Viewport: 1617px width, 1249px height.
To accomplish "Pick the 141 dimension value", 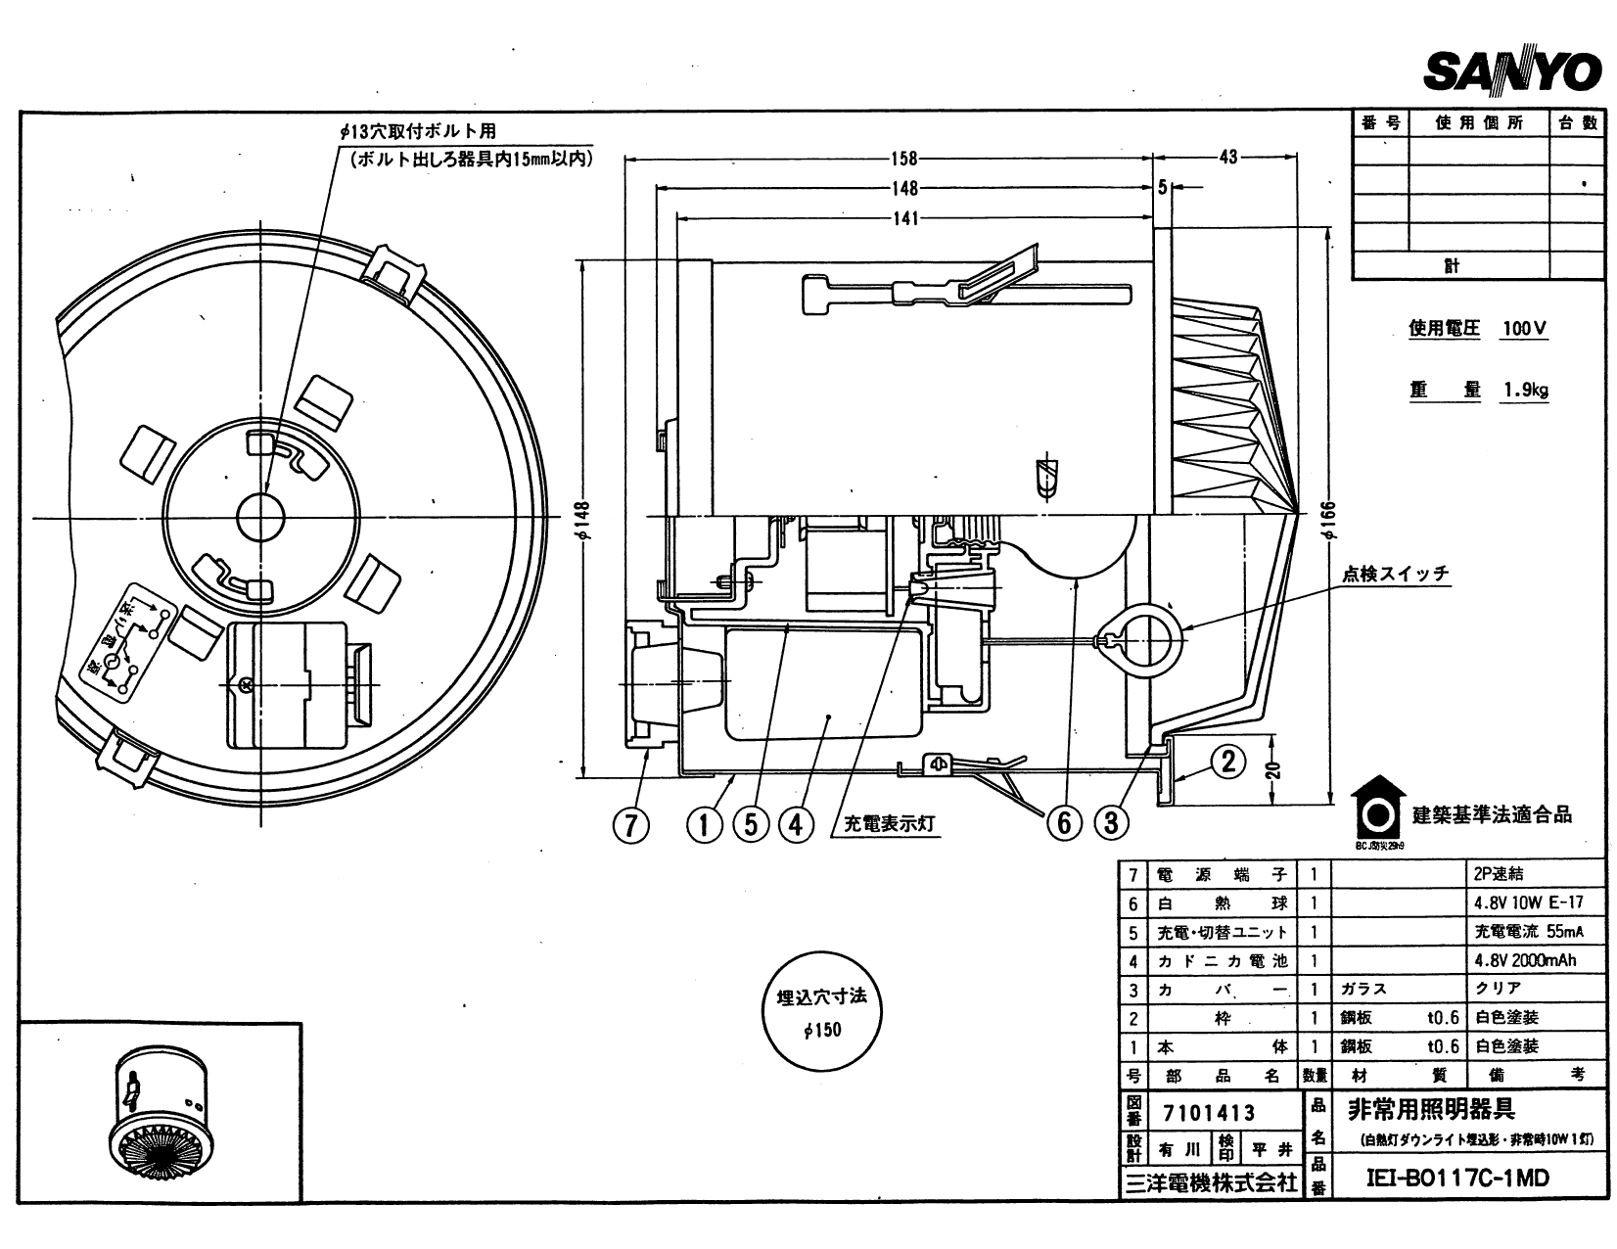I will (x=905, y=218).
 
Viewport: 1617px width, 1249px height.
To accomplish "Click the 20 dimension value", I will (x=1272, y=771).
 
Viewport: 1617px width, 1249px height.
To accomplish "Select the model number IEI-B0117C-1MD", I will (x=1457, y=1178).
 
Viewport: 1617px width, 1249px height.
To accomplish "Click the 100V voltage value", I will (x=1524, y=329).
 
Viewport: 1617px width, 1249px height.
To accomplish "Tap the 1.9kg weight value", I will (x=1525, y=390).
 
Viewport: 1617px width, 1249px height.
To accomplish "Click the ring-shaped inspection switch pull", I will (x=1140, y=639).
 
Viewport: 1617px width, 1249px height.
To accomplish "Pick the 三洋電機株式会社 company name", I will (x=1211, y=1182).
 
